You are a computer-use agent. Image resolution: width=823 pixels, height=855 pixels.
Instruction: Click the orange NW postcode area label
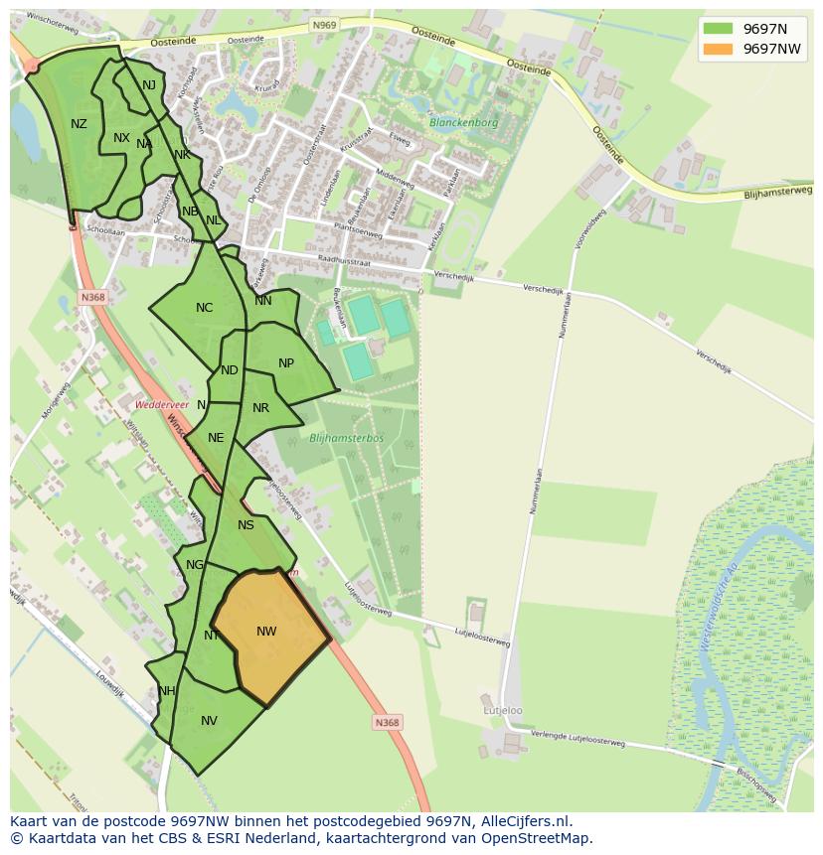(x=266, y=632)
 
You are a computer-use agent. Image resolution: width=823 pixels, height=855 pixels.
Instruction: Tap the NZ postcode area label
(x=79, y=124)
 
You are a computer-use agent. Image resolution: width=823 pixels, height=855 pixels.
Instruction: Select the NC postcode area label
(x=204, y=308)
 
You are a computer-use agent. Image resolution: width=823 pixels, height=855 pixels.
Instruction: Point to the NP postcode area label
(x=286, y=363)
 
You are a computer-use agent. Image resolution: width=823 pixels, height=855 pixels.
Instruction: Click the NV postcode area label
(x=209, y=721)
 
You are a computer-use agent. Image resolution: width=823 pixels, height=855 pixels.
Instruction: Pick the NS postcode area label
(x=246, y=525)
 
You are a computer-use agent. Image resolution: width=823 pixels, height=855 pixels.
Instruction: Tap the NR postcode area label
(x=260, y=408)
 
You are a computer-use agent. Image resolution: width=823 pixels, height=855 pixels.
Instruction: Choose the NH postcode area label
(x=166, y=691)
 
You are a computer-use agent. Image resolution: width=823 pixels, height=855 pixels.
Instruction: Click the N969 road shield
(x=323, y=25)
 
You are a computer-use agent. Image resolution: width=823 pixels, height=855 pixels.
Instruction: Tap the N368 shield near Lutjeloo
(x=387, y=723)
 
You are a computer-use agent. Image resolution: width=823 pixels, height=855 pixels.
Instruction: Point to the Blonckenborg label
(x=463, y=123)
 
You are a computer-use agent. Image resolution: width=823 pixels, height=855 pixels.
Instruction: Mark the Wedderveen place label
(x=160, y=405)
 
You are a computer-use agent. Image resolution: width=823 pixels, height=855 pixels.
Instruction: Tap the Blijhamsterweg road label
(x=777, y=193)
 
